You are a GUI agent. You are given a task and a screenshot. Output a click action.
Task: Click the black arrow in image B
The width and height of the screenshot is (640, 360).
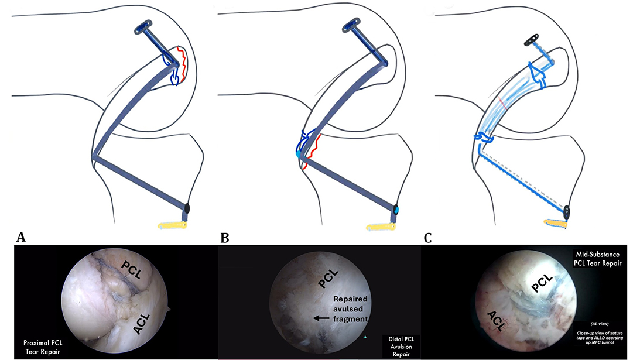point(320,318)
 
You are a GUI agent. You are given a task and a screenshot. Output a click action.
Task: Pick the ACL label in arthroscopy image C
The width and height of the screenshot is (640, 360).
point(499,318)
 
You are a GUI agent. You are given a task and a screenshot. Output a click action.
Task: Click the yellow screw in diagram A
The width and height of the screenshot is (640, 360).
point(172,224)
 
